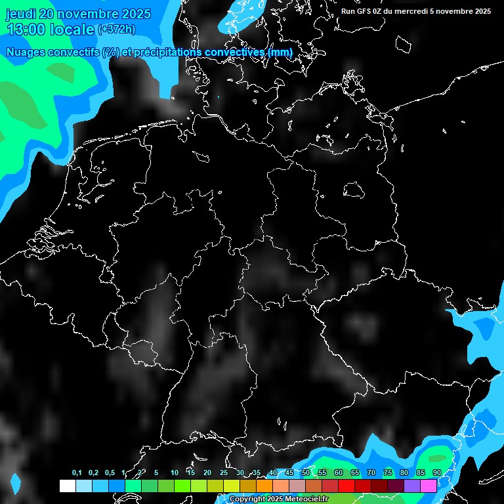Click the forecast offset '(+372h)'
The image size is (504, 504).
(x=116, y=30)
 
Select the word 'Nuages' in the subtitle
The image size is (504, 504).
(x=26, y=52)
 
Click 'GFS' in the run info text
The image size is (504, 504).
(x=364, y=11)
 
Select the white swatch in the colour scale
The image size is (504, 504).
(x=67, y=486)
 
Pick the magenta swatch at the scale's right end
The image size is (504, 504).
(x=428, y=486)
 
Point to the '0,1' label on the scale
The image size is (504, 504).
(x=77, y=473)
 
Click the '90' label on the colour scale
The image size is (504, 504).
(x=437, y=473)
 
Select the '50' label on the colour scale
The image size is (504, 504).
(x=306, y=473)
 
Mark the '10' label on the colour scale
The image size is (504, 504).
(x=175, y=473)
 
